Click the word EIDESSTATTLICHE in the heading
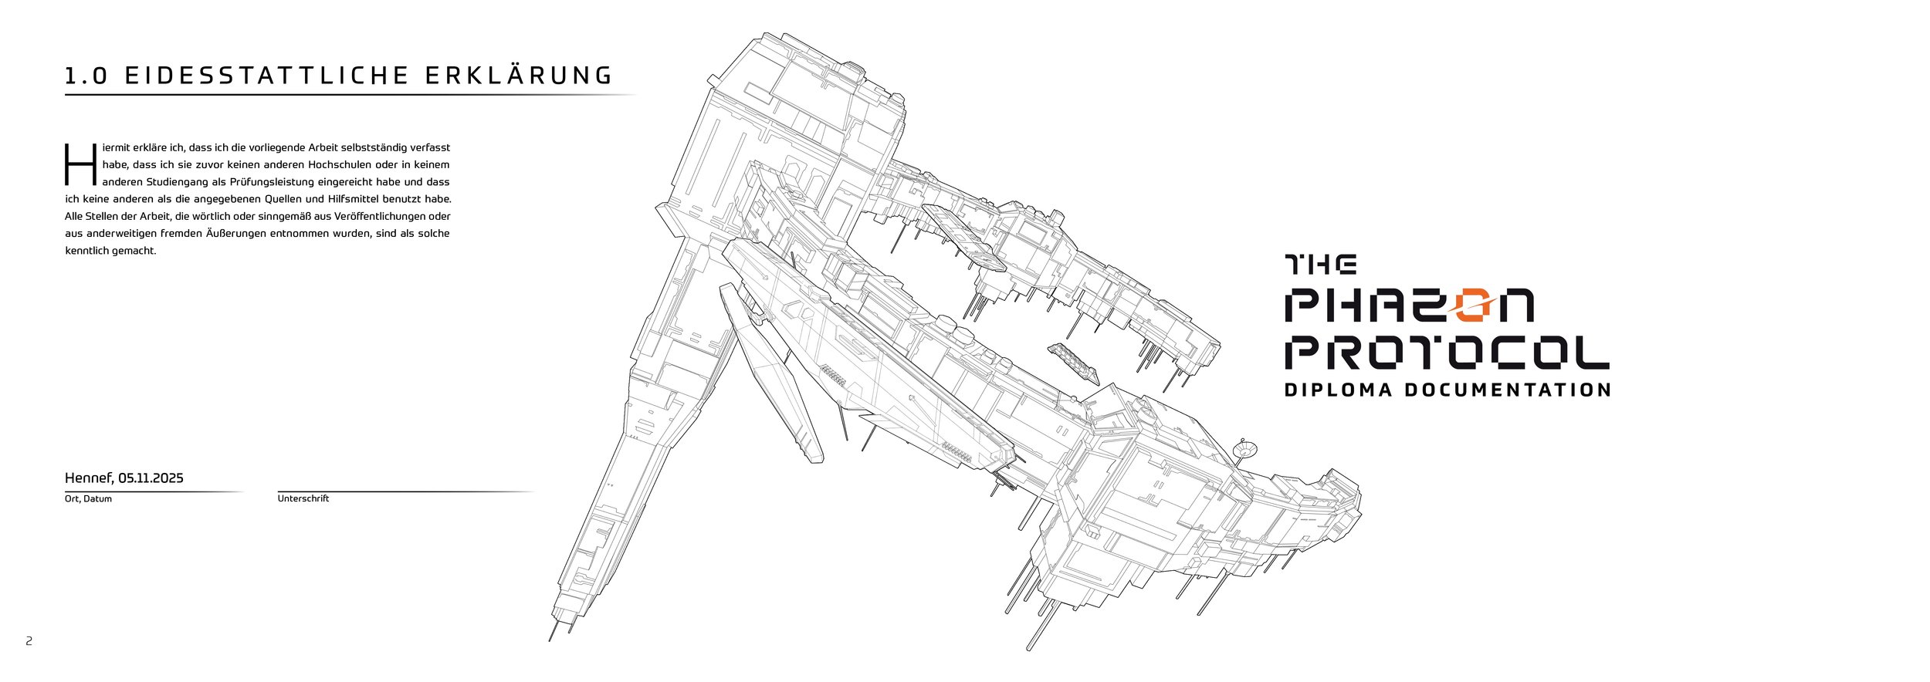pyautogui.click(x=266, y=76)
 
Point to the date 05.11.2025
pyautogui.click(x=151, y=478)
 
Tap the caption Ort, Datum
pyautogui.click(x=88, y=499)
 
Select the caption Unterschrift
pyautogui.click(x=303, y=498)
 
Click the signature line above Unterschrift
pyautogui.click(x=406, y=491)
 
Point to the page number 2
pyautogui.click(x=29, y=641)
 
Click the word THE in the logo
pyautogui.click(x=1321, y=265)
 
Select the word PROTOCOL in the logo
pyautogui.click(x=1447, y=351)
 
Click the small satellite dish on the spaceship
pyautogui.click(x=1244, y=447)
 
